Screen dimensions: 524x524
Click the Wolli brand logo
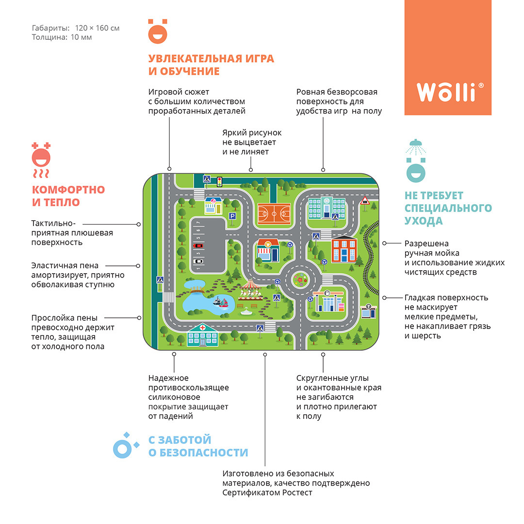tap(447, 92)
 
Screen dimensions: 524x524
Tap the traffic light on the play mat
tap(220, 182)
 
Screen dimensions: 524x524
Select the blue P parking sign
tap(232, 217)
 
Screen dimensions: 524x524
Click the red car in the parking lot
tap(198, 246)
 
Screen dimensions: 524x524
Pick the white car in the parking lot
tap(198, 261)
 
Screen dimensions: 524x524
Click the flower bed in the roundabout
tap(301, 280)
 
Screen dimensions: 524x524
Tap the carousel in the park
tap(250, 290)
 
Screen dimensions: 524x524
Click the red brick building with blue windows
tap(344, 248)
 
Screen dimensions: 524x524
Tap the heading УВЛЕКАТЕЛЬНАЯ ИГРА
tap(211, 59)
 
